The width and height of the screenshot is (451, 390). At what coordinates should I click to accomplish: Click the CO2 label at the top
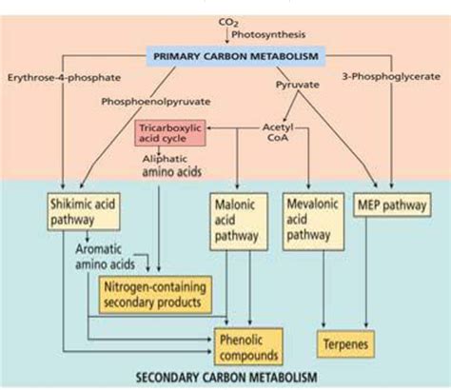[228, 23]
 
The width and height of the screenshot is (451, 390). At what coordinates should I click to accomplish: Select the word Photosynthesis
[268, 34]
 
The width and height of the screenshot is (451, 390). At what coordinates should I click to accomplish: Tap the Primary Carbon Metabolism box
[236, 56]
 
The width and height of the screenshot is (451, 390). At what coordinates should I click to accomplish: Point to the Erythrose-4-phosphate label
[64, 78]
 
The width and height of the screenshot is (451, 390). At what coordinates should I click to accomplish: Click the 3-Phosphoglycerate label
[391, 77]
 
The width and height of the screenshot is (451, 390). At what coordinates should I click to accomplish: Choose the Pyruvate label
[298, 85]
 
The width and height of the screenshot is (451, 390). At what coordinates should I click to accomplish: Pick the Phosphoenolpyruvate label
[156, 102]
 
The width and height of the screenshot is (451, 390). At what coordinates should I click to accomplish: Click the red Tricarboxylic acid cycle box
[170, 133]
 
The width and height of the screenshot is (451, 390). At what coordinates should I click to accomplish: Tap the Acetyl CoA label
[278, 132]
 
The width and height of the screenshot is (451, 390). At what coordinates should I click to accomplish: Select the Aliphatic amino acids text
[172, 166]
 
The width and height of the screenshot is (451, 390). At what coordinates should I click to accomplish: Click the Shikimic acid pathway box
[84, 211]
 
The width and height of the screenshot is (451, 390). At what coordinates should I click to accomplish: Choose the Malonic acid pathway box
[239, 222]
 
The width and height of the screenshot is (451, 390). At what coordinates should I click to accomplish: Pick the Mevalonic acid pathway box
[313, 222]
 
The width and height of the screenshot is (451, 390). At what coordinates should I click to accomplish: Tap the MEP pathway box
[392, 205]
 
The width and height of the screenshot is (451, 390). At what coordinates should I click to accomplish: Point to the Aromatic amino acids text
[105, 257]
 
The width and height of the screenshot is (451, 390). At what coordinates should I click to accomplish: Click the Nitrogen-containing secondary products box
[155, 295]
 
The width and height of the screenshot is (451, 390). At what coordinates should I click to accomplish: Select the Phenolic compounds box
[248, 346]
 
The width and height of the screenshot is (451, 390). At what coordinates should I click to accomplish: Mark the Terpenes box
[345, 344]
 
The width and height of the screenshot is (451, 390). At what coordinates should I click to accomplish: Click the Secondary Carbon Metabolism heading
[226, 378]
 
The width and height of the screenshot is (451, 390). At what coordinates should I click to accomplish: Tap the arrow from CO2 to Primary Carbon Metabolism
[227, 36]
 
